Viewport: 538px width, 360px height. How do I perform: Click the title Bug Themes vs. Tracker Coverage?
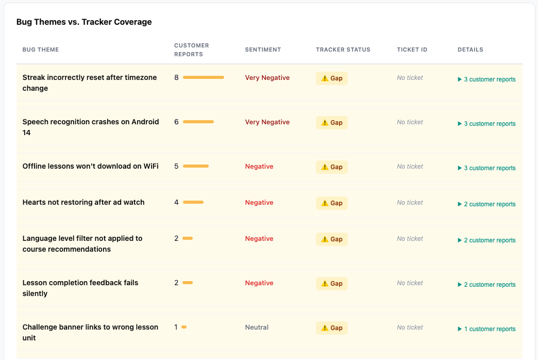pos(84,22)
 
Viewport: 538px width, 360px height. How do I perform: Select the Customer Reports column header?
pos(192,50)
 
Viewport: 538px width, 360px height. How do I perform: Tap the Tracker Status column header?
pos(343,50)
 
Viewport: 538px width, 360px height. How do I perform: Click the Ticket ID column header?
pos(412,50)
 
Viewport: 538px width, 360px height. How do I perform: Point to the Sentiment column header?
pos(263,50)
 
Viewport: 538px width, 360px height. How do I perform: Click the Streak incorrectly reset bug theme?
pos(90,83)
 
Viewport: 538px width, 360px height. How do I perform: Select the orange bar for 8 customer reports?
pos(204,78)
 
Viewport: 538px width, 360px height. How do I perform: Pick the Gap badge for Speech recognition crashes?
pos(332,123)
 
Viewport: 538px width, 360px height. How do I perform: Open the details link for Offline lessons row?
pos(486,168)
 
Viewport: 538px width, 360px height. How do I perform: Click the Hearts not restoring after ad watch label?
pos(83,202)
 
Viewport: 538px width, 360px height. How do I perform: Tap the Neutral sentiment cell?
pos(257,328)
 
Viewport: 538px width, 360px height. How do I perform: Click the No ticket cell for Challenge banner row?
pos(410,328)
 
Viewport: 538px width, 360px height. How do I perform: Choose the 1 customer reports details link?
pos(486,329)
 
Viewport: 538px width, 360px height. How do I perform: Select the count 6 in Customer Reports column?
pos(176,122)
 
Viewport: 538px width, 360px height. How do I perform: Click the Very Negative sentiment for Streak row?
pos(267,78)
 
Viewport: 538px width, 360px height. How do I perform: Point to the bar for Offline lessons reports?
pos(196,166)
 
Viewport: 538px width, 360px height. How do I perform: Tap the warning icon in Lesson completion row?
pos(325,284)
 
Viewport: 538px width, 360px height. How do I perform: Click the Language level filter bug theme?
pos(82,244)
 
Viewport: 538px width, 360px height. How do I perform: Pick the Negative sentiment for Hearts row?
pos(259,203)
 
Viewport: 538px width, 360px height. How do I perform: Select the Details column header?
pos(470,50)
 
